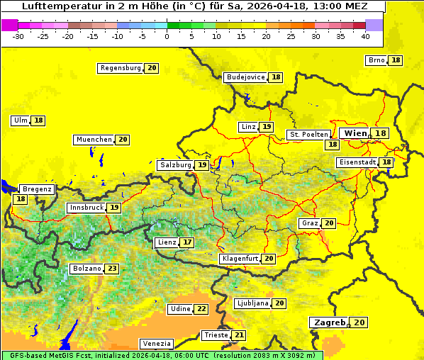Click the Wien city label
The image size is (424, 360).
tap(355, 133)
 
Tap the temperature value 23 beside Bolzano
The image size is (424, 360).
tap(112, 269)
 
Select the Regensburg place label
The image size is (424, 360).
tap(121, 68)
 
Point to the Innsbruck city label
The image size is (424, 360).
tap(86, 208)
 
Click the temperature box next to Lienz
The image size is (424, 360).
tap(187, 242)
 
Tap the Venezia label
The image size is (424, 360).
tap(155, 344)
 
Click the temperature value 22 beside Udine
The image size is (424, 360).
tap(201, 309)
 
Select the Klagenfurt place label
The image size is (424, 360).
tap(240, 259)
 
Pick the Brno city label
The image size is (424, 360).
tap(376, 60)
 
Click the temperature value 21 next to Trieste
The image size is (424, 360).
tap(239, 335)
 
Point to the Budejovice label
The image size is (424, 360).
tap(245, 77)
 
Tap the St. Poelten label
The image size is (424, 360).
tap(308, 134)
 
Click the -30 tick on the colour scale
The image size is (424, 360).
tap(18, 35)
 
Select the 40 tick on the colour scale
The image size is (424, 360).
tap(365, 35)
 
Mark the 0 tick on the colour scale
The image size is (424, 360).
tap(167, 35)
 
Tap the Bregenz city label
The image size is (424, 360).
tap(37, 189)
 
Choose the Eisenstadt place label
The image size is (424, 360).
tap(357, 162)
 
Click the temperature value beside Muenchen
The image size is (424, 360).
tap(123, 140)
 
